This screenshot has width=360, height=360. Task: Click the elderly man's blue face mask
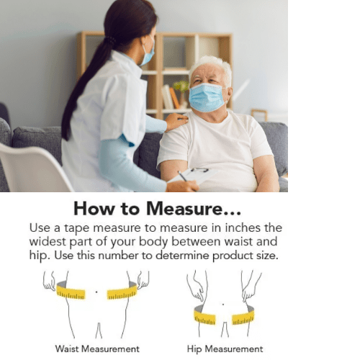207,97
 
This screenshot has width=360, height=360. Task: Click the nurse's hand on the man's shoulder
176,120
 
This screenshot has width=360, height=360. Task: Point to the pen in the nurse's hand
182,176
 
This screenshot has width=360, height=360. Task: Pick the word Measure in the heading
193,209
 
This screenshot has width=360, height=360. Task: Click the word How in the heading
94,209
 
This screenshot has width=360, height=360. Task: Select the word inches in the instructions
242,228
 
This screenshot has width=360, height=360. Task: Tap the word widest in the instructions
48,241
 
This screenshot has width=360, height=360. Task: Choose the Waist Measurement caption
97,348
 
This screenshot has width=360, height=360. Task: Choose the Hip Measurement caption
225,348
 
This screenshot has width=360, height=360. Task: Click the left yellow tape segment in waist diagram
71,292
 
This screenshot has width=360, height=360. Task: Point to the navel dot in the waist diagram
96,292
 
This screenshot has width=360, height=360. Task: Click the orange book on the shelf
174,98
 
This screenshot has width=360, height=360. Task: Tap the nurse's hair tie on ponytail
111,40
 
